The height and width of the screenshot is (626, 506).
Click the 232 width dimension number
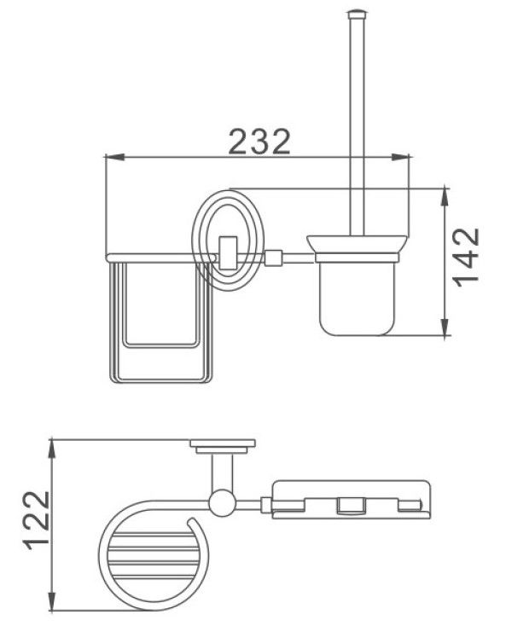[x=259, y=142]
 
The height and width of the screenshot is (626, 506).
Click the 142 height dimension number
[x=466, y=257]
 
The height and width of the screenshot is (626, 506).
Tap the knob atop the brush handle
[x=356, y=14]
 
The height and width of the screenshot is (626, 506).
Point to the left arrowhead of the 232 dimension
[x=114, y=157]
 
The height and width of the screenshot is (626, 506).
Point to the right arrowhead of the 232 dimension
[x=400, y=157]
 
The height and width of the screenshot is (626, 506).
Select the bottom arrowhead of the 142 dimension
[x=445, y=326]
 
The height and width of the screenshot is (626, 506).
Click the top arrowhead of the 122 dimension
[x=52, y=449]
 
